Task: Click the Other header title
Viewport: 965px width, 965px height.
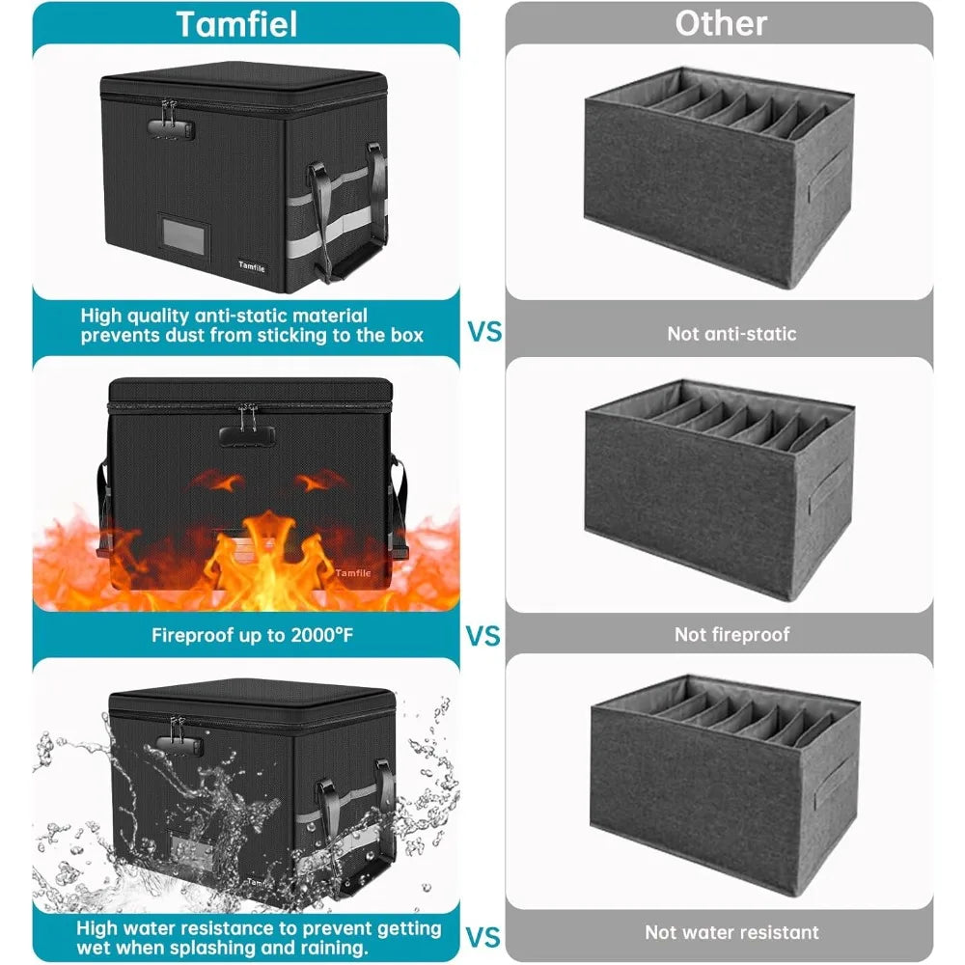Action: pyautogui.click(x=720, y=23)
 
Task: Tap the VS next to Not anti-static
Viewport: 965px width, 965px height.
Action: pyautogui.click(x=485, y=332)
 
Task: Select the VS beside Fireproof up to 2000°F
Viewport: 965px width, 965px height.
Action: pyautogui.click(x=483, y=636)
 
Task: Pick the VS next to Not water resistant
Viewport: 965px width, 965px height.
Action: pyautogui.click(x=483, y=935)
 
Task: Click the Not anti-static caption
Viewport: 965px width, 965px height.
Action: pyautogui.click(x=731, y=334)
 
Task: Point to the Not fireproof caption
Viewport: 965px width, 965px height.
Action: pyautogui.click(x=731, y=634)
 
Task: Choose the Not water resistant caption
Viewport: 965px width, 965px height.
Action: pyautogui.click(x=731, y=932)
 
